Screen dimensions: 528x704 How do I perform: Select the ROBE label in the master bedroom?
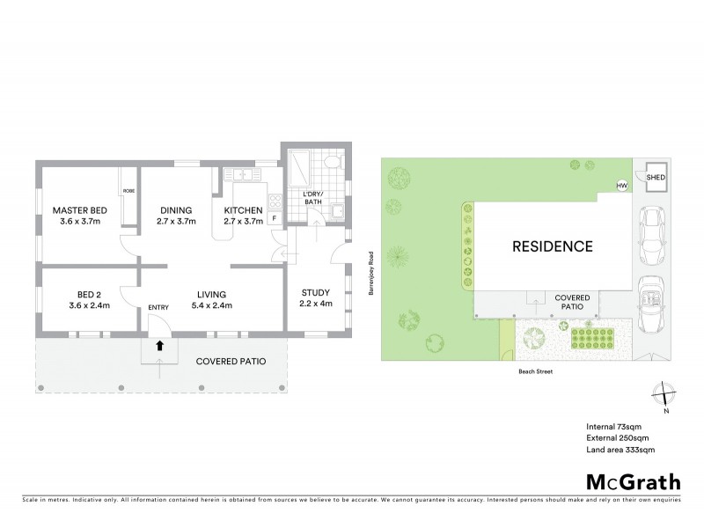click(x=128, y=190)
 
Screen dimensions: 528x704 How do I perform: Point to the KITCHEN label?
click(x=243, y=210)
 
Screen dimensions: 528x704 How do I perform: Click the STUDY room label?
click(x=315, y=293)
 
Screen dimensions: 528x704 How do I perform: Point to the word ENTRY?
click(x=158, y=306)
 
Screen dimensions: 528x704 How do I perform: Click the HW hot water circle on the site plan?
click(x=621, y=186)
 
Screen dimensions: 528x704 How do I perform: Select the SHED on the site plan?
click(x=656, y=178)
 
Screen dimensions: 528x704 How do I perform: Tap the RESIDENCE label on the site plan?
click(x=552, y=246)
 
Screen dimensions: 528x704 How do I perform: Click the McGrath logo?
click(x=632, y=481)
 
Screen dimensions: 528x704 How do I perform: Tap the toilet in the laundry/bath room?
click(x=331, y=165)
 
